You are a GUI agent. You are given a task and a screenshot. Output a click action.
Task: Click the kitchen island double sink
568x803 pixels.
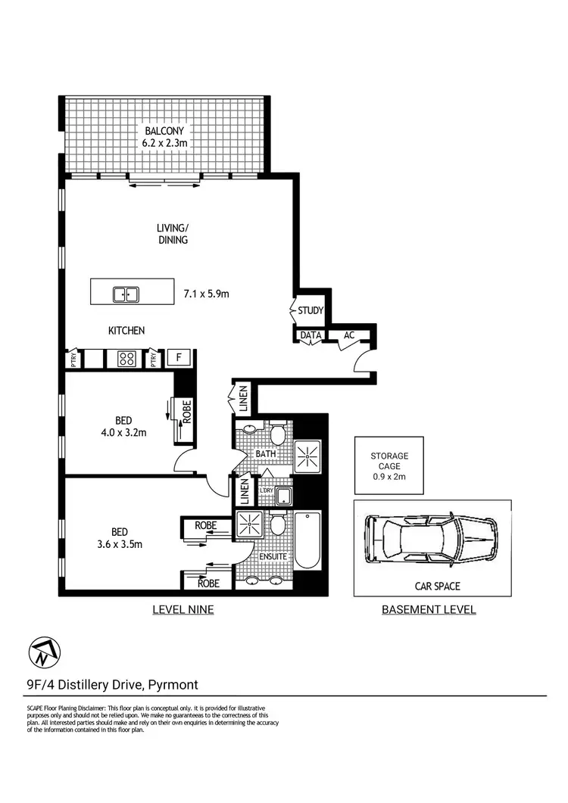tap(126, 294)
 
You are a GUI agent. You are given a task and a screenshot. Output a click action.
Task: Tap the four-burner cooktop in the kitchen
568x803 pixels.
tap(125, 359)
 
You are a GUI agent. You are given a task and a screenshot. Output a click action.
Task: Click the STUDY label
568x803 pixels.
tap(311, 311)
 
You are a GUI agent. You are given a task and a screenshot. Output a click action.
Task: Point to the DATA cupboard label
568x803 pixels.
tap(311, 335)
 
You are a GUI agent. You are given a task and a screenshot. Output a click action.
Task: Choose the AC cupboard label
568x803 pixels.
tap(349, 335)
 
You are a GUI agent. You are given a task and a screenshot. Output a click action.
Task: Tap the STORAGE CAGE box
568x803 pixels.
tap(389, 465)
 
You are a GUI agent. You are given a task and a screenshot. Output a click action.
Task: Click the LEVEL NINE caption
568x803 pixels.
tap(183, 609)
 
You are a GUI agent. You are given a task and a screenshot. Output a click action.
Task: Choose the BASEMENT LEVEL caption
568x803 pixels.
tap(429, 609)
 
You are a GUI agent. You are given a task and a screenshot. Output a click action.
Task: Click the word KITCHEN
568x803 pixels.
tap(126, 331)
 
